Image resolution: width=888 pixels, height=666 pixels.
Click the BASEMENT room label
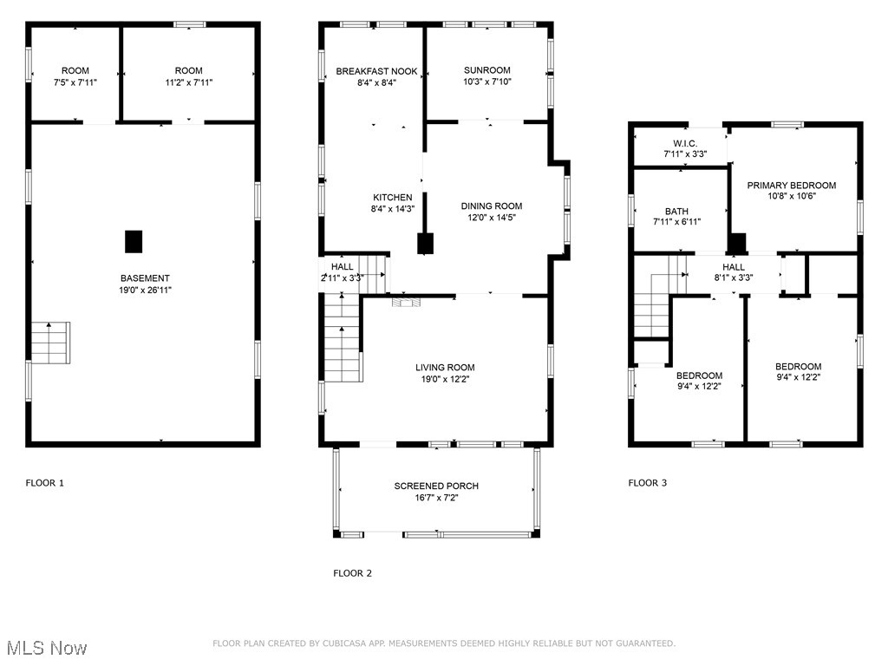coord(145,278)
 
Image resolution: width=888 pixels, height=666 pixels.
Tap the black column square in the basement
coord(134,241)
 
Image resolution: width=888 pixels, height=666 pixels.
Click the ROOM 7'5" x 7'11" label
coord(75,71)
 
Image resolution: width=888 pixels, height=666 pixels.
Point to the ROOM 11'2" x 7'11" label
coord(188,71)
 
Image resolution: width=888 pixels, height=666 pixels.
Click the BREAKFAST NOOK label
coord(376,71)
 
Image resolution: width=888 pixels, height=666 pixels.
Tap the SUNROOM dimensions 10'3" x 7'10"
coord(486,82)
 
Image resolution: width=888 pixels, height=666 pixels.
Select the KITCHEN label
coord(392,198)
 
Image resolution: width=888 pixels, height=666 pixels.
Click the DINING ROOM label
coord(491,206)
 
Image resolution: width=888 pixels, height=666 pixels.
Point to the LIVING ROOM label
coord(444,368)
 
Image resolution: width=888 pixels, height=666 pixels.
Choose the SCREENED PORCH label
coord(436,486)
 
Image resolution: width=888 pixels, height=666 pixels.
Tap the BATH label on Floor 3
coord(676,212)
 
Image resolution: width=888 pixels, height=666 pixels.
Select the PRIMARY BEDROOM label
coord(792,186)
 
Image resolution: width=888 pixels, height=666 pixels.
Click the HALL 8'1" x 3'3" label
coord(734,267)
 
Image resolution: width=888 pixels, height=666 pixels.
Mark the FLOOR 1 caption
coord(44,483)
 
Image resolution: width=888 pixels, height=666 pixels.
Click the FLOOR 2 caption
coord(352,573)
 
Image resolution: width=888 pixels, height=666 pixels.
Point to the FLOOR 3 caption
coord(647,483)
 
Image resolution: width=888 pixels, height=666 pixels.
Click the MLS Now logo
coord(46,648)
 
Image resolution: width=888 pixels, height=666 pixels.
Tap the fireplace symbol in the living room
coord(405,303)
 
